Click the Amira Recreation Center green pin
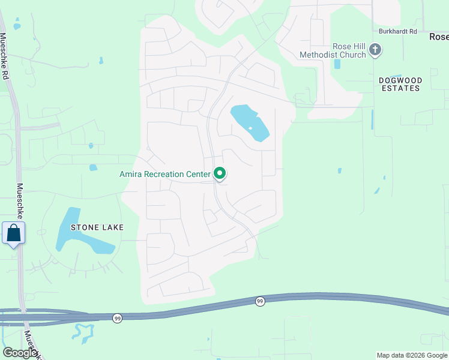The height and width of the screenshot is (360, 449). pyautogui.click(x=220, y=173)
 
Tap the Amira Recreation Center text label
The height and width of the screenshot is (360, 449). pyautogui.click(x=165, y=175)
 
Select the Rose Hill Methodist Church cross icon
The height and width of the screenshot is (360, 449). pyautogui.click(x=375, y=50)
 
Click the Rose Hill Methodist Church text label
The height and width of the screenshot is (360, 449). pyautogui.click(x=333, y=51)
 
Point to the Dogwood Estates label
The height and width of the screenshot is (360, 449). pyautogui.click(x=400, y=84)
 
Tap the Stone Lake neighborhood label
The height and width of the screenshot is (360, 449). pyautogui.click(x=97, y=227)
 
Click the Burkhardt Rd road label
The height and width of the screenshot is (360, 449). pyautogui.click(x=397, y=31)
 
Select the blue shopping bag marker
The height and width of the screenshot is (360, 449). pyautogui.click(x=14, y=233)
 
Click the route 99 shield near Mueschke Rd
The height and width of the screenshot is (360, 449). pyautogui.click(x=117, y=317)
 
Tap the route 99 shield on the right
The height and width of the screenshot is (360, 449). pyautogui.click(x=259, y=301)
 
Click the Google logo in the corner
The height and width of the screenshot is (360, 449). pyautogui.click(x=19, y=353)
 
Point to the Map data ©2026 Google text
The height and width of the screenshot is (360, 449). pyautogui.click(x=411, y=355)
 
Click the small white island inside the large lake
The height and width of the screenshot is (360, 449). pyautogui.click(x=250, y=128)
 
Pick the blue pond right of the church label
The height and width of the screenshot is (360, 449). pyautogui.click(x=337, y=64)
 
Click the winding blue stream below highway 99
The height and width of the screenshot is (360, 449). pyautogui.click(x=83, y=333)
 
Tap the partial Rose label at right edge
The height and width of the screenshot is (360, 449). pyautogui.click(x=439, y=37)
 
